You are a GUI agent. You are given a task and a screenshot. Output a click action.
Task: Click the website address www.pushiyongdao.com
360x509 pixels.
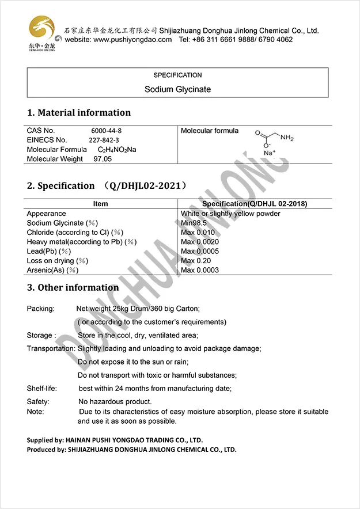click(132, 40)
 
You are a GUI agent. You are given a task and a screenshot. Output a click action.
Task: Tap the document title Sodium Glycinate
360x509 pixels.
click(177, 89)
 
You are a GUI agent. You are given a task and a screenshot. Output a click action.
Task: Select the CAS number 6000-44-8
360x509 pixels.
click(107, 131)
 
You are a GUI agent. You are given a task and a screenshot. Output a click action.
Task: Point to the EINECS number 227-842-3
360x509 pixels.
click(104, 140)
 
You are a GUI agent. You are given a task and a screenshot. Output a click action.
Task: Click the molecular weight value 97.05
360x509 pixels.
click(103, 159)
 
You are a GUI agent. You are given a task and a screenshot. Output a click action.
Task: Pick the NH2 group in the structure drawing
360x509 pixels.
click(287, 139)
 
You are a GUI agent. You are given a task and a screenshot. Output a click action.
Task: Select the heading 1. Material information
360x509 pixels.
click(79, 113)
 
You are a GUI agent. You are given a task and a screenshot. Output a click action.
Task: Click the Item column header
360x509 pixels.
click(100, 204)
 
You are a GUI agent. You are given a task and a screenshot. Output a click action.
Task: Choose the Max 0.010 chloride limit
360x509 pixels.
click(198, 233)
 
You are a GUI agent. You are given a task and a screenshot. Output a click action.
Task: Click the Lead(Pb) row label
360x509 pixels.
click(49, 251)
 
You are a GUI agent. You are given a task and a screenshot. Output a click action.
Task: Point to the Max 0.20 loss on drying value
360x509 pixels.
click(196, 261)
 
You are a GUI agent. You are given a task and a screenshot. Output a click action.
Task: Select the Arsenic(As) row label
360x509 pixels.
click(52, 270)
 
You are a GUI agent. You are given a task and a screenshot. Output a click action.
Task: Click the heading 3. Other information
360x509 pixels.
click(73, 287)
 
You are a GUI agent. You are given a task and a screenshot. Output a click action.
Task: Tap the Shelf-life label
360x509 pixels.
click(41, 388)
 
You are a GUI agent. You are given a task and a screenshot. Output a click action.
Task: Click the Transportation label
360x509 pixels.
click(51, 348)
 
